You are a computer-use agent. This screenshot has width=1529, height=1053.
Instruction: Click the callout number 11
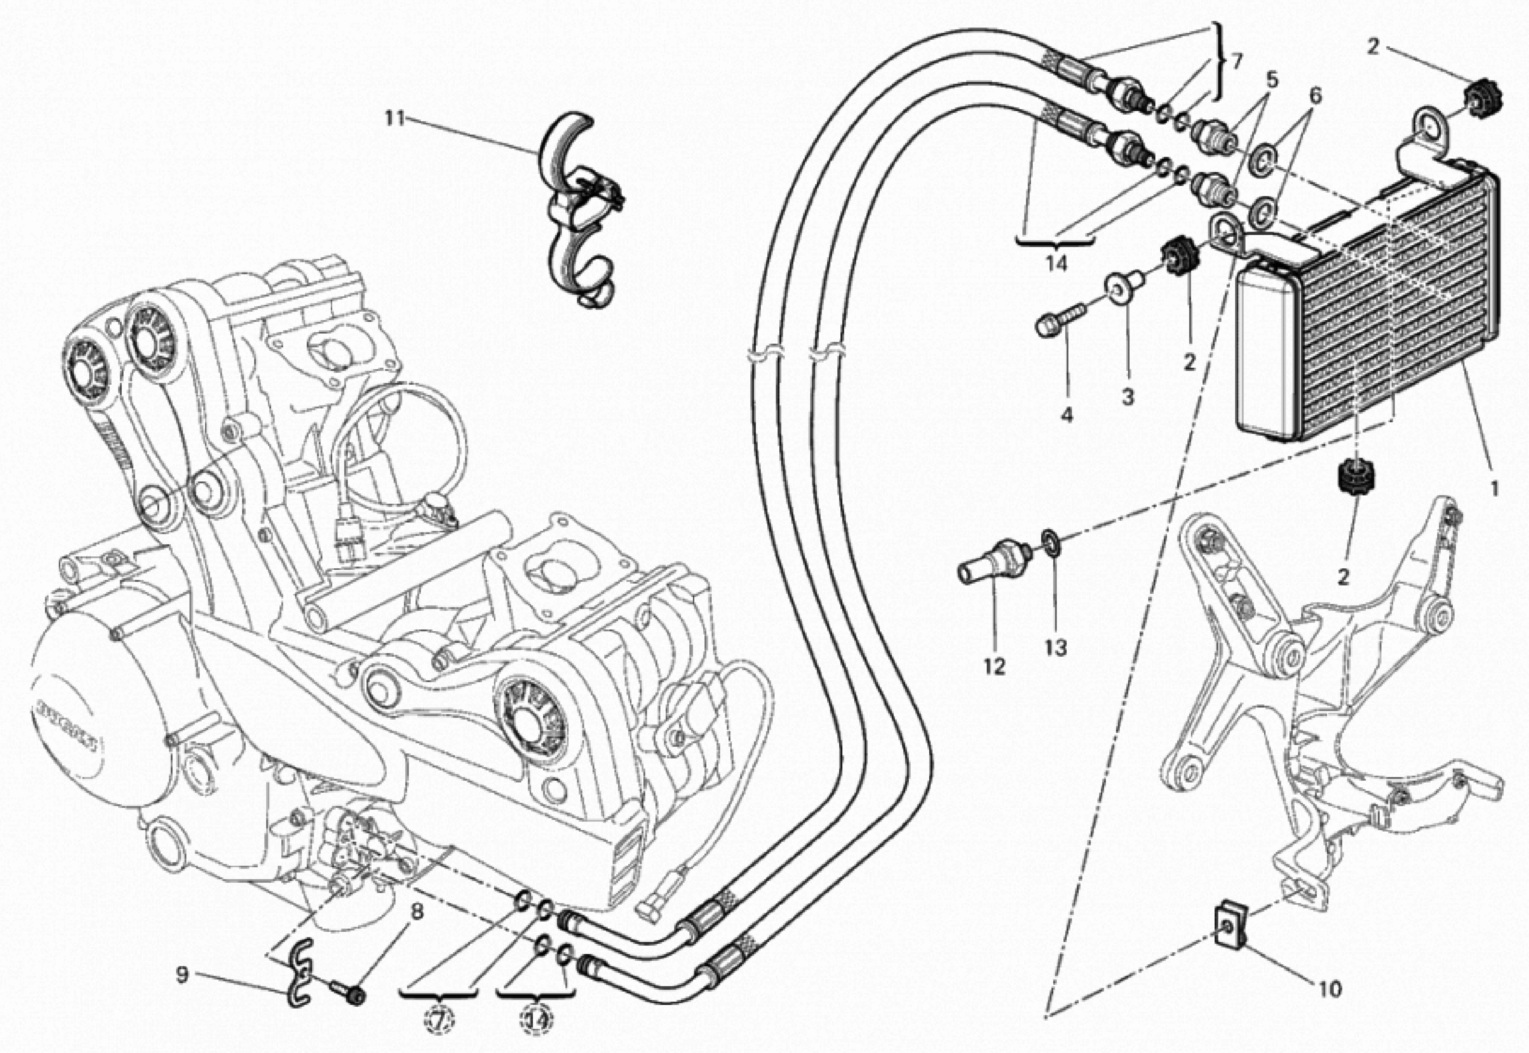click(x=395, y=119)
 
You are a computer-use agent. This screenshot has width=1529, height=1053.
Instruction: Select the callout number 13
click(x=1055, y=648)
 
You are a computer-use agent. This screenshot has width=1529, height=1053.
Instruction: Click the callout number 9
click(x=182, y=975)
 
